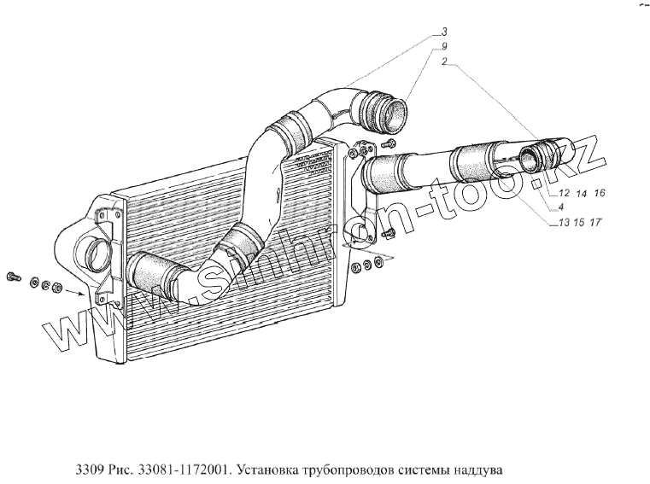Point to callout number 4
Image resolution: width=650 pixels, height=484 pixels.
click(x=559, y=208)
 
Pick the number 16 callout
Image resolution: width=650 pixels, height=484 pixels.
click(x=599, y=195)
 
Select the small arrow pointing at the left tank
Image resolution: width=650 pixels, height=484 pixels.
click(x=77, y=292)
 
